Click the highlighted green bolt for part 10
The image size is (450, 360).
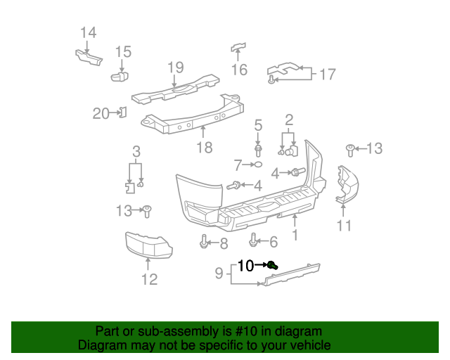[x=273, y=265]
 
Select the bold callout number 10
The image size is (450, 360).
[x=245, y=266]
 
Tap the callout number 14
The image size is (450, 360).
[x=88, y=32]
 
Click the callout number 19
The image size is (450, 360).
[x=175, y=67]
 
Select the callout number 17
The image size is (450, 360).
[x=328, y=74]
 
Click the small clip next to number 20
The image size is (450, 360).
[x=122, y=111]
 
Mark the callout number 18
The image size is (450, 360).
[x=204, y=148]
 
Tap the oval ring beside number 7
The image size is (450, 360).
[x=258, y=165]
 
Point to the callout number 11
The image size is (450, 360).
[x=343, y=226]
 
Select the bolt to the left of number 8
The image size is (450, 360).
[x=204, y=243]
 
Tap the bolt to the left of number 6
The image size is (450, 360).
[x=255, y=242]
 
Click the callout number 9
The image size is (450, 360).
[x=219, y=272]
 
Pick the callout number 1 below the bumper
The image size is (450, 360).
[x=295, y=236]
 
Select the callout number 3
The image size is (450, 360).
[x=136, y=151]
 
